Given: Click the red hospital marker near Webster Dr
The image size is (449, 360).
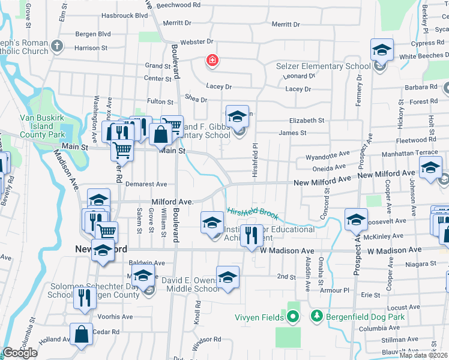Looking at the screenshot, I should [211, 61].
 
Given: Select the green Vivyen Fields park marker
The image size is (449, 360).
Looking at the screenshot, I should [293, 316].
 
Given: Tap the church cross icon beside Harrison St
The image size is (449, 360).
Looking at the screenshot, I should [57, 46].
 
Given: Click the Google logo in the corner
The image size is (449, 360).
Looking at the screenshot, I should [20, 353].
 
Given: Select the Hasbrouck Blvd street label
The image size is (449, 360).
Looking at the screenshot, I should [125, 15].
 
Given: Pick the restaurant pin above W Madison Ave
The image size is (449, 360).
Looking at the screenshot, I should [252, 234].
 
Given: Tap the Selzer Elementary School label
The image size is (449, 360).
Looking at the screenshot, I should [323, 65].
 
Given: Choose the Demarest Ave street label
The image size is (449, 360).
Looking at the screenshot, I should [145, 184].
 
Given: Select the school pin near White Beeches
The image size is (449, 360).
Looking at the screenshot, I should [381, 50].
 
